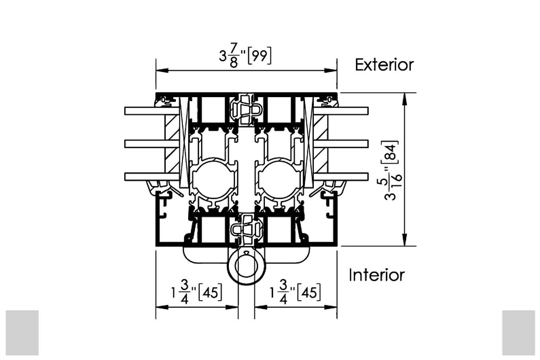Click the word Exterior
(384, 65)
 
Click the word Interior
(377, 275)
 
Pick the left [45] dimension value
(210, 293)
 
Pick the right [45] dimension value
(309, 293)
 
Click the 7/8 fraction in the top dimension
(234, 55)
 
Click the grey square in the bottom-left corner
(22, 333)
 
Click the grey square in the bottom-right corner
(518, 333)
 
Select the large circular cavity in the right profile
(279, 180)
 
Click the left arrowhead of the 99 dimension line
(162, 70)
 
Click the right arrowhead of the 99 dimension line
(331, 70)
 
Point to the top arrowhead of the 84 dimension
(405, 99)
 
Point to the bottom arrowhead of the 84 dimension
(405, 240)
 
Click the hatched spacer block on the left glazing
(172, 144)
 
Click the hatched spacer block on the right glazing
(321, 144)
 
